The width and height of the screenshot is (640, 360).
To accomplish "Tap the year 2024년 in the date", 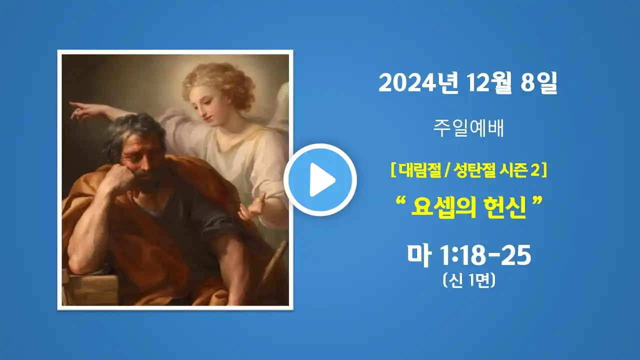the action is [418, 83].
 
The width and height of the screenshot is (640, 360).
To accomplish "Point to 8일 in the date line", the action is [539, 83].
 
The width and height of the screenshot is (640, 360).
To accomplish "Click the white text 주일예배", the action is [468, 128].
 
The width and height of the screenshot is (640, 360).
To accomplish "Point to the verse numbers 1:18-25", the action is [485, 255].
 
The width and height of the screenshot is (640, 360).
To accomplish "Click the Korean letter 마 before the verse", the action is [419, 255].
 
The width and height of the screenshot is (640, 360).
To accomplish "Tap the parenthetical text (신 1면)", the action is [469, 281].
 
